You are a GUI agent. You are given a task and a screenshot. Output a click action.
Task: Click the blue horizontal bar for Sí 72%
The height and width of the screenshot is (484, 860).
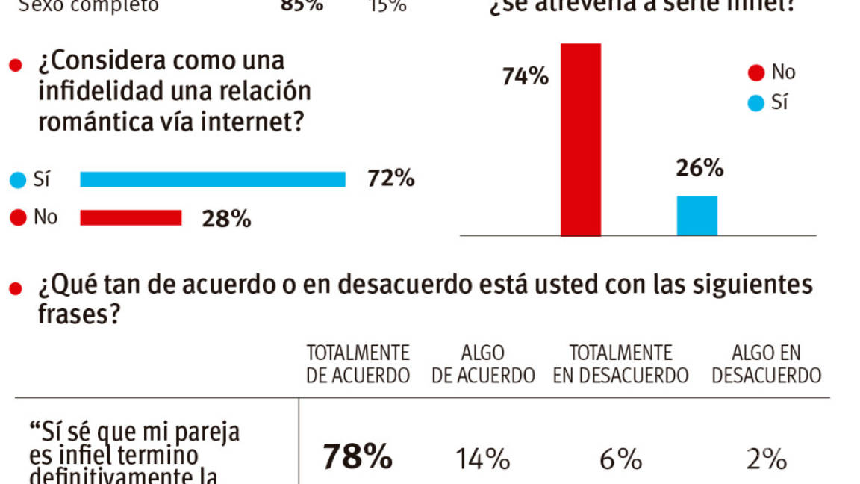(213, 179)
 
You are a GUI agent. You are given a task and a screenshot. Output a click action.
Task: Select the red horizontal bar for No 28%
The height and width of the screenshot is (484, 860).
(131, 217)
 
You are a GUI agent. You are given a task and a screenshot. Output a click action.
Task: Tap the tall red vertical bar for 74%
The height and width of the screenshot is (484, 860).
(581, 140)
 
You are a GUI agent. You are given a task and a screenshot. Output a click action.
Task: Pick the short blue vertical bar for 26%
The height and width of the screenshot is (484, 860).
(697, 216)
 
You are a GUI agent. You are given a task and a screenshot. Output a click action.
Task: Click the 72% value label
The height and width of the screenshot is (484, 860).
(390, 179)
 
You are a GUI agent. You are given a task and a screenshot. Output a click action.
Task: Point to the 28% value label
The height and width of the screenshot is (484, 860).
(226, 218)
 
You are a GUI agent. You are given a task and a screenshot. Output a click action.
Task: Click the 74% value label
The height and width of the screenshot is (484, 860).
(526, 76)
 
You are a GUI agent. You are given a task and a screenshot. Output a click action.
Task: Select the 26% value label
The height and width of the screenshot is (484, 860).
(699, 169)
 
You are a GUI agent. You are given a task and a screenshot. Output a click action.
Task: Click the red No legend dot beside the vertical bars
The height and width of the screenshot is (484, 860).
(756, 73)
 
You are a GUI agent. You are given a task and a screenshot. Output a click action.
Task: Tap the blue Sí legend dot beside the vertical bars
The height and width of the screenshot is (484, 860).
(756, 103)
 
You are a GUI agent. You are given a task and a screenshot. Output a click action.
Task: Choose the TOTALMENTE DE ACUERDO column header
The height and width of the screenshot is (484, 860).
(358, 364)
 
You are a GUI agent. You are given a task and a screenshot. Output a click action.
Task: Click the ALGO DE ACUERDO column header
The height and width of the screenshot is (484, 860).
(483, 364)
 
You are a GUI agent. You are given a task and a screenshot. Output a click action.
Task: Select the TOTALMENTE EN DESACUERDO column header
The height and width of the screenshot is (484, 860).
(620, 364)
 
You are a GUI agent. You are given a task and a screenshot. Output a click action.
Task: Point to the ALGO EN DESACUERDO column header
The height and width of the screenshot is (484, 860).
(766, 364)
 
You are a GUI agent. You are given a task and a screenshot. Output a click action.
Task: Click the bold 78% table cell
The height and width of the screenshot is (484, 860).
(358, 457)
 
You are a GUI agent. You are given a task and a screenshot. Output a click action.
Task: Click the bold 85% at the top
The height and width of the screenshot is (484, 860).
(302, 5)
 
